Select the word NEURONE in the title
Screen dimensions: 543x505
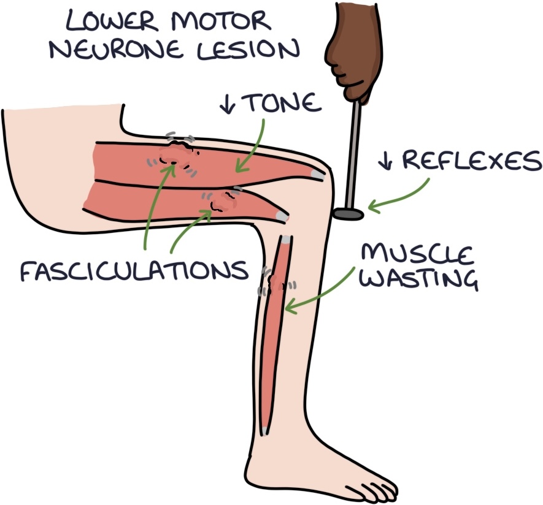pos(116,50)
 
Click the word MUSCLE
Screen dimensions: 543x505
pos(417,255)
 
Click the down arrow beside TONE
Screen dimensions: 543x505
pos(227,103)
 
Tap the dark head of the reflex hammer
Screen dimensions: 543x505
pos(349,215)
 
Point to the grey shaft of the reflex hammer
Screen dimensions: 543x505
pos(353,155)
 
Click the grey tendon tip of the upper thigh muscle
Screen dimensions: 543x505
pos(318,175)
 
